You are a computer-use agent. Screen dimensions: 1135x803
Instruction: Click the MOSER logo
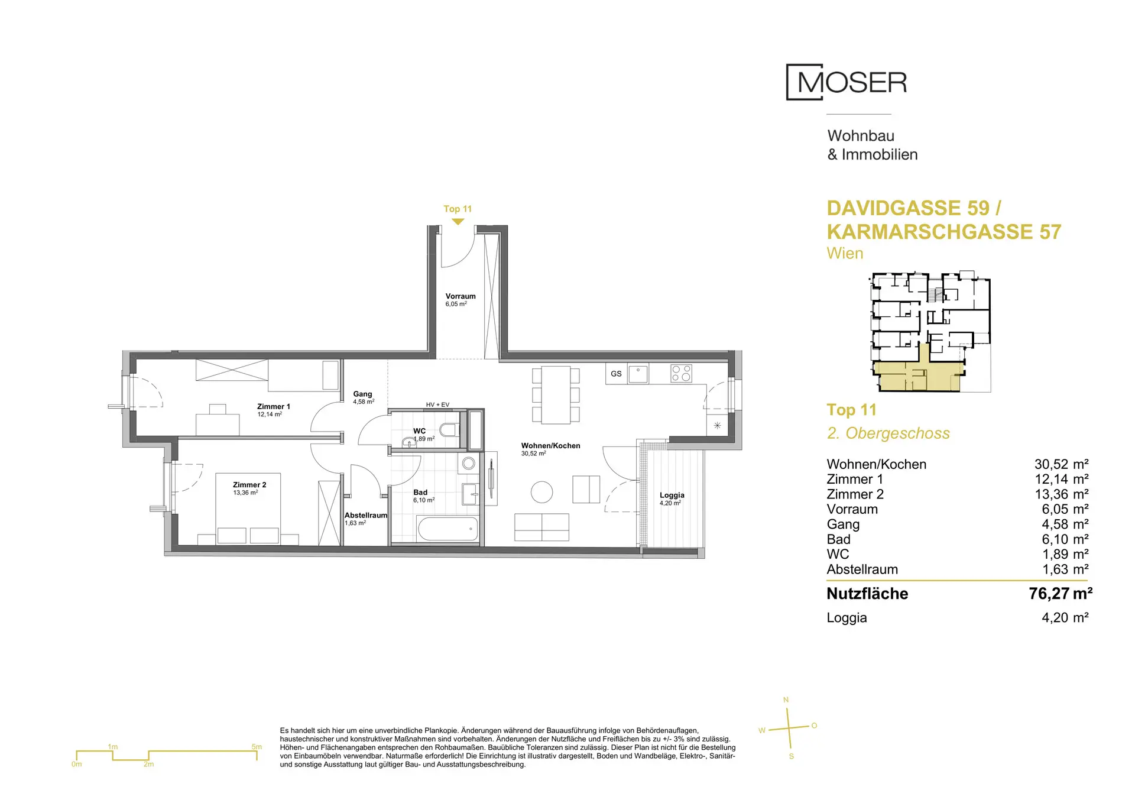[846, 82]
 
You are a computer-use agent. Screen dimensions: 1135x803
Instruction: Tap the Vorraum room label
[461, 296]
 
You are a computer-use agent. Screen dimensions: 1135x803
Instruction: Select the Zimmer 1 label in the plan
[274, 406]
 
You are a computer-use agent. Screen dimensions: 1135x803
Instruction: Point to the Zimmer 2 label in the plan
[249, 485]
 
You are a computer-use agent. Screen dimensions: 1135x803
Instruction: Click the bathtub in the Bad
[447, 529]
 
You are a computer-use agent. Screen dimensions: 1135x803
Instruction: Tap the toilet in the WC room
[450, 429]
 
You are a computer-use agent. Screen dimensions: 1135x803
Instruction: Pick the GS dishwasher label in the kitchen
[616, 374]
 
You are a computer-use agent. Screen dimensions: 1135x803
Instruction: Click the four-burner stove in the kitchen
[681, 373]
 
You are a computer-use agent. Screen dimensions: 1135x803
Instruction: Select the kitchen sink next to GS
[638, 374]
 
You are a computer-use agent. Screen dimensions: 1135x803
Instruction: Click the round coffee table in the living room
[541, 492]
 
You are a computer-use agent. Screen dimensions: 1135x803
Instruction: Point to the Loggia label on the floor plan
[672, 496]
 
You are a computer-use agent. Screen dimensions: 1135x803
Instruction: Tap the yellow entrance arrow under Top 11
[458, 222]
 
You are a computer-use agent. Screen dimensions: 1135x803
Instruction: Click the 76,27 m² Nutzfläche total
[1061, 594]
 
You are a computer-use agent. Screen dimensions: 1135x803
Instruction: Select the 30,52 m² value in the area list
[1062, 464]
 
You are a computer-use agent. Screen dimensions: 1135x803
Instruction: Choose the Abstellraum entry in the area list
[862, 569]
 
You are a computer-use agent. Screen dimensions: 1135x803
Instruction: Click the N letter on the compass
[786, 700]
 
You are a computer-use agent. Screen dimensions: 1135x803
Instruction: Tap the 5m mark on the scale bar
[257, 747]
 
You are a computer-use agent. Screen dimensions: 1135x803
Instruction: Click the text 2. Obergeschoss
[888, 433]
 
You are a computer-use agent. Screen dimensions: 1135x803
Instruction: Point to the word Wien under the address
[845, 254]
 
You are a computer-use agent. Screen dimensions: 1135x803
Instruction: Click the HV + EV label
[437, 405]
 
